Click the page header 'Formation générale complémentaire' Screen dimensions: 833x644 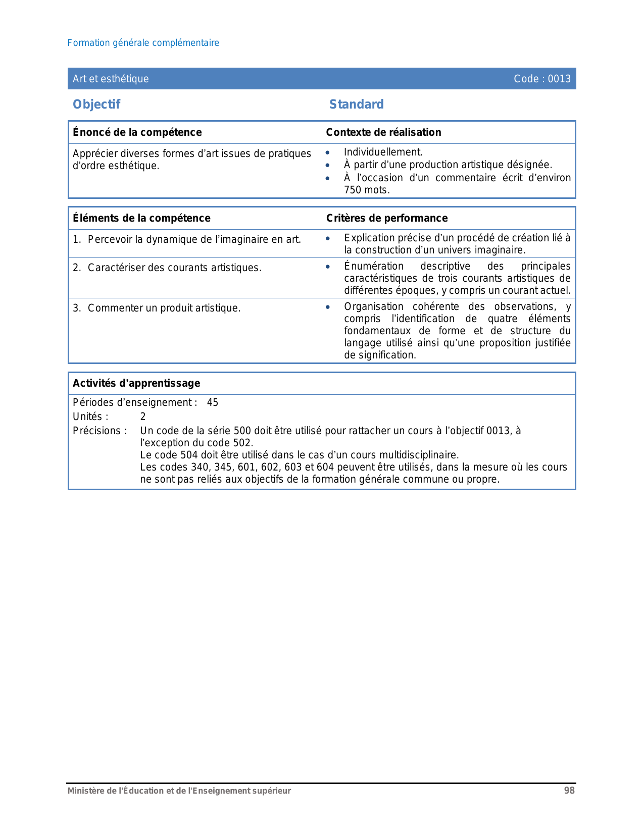click(x=143, y=43)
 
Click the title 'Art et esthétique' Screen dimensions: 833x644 click(x=111, y=79)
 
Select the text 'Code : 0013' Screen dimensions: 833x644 click(x=542, y=79)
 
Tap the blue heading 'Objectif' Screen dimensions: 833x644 click(x=96, y=105)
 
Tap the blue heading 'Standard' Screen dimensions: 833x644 click(x=356, y=105)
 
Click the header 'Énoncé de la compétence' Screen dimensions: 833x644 click(x=137, y=132)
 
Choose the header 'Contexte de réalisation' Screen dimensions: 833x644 click(x=383, y=132)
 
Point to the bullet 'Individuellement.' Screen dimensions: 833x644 click(x=383, y=152)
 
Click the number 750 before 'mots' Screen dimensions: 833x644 click(x=353, y=190)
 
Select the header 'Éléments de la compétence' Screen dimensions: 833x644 click(x=141, y=218)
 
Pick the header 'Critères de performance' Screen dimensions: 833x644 click(x=387, y=218)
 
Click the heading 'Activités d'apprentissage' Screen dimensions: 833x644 click(x=136, y=383)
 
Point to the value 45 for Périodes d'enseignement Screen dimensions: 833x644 click(x=213, y=403)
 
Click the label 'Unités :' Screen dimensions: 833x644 click(x=90, y=417)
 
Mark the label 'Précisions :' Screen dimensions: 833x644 click(x=100, y=431)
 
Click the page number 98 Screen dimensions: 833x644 click(x=569, y=791)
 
